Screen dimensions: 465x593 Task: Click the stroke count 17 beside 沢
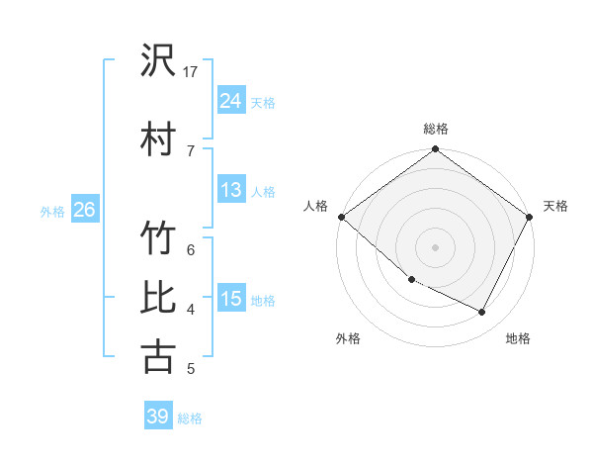(x=191, y=72)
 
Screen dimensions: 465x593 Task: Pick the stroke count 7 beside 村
(x=191, y=150)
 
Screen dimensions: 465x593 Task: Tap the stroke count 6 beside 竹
(x=191, y=249)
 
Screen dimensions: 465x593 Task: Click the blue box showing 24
(x=230, y=101)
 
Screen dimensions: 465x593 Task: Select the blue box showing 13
(x=230, y=190)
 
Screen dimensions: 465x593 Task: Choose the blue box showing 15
(x=230, y=299)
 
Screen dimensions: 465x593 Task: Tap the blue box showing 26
(x=84, y=210)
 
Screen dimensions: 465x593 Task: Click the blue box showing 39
(x=157, y=417)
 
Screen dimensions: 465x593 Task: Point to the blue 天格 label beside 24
(x=263, y=102)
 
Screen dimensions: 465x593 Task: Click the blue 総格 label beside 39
(x=190, y=418)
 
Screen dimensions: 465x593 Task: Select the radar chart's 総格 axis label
(x=436, y=129)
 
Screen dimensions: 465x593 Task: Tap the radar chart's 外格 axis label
(x=348, y=338)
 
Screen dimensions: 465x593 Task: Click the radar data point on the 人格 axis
(x=341, y=217)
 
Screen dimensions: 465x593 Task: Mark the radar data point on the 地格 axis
(x=482, y=313)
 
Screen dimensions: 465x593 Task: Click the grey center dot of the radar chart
(x=435, y=247)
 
